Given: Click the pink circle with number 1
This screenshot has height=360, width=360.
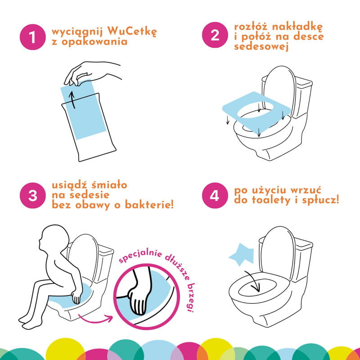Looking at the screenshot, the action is point(32,37).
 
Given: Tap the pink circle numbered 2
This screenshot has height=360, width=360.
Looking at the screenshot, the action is point(215,35).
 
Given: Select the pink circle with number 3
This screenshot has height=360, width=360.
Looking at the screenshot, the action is point(32,195).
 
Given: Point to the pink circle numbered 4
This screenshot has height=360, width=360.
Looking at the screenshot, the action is point(215,195).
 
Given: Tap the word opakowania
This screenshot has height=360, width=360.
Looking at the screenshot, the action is point(94,42).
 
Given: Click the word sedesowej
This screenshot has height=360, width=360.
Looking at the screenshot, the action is point(261,47).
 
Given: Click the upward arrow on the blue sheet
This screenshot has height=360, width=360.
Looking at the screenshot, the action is point(72,100).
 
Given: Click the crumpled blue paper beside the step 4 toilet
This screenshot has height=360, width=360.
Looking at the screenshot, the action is point(242,254).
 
